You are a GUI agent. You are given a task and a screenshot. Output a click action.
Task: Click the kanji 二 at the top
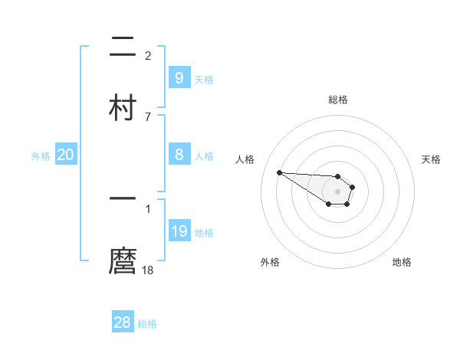123,48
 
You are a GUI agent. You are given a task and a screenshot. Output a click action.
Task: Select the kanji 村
123,106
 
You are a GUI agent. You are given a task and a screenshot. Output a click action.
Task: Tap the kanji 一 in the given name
123,198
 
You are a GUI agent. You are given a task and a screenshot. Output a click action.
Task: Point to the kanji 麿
123,260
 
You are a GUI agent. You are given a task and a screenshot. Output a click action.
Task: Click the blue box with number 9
179,77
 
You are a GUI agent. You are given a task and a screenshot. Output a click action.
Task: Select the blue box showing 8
179,155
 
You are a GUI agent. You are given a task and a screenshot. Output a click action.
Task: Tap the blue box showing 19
179,231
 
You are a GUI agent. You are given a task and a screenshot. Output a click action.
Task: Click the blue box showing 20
66,155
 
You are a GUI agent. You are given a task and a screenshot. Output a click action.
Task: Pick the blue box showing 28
123,322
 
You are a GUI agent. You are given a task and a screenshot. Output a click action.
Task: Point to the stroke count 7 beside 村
148,116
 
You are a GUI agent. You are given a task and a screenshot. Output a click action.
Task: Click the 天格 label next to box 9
204,79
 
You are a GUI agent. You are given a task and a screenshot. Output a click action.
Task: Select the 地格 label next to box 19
204,233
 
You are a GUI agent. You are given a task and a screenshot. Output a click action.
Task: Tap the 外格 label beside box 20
41,156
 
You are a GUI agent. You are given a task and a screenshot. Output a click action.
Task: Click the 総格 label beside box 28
147,324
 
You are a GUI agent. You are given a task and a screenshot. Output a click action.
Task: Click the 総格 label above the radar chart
338,100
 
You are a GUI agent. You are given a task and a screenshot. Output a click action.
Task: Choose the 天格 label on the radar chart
432,159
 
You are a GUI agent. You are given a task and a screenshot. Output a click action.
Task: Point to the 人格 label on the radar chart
245,159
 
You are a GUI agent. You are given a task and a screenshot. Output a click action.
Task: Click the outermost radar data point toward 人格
279,172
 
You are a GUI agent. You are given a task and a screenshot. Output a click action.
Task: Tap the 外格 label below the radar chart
270,262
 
